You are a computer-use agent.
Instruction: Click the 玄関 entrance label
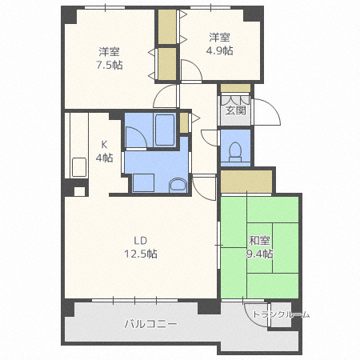point(234,110)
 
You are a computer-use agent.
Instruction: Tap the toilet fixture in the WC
point(235,151)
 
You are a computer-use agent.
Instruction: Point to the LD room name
point(140,239)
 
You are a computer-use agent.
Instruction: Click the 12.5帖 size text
point(140,254)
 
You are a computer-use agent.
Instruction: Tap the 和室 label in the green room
point(259,240)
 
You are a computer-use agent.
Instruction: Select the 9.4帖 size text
point(259,254)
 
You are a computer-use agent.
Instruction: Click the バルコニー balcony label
point(150,324)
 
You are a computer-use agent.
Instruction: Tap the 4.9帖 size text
point(221,50)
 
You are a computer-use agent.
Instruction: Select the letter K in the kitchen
point(103,144)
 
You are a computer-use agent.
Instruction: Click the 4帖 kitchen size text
point(103,158)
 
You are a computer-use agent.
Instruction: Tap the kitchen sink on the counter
point(79,167)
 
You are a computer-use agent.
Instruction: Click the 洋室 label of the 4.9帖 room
point(221,37)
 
